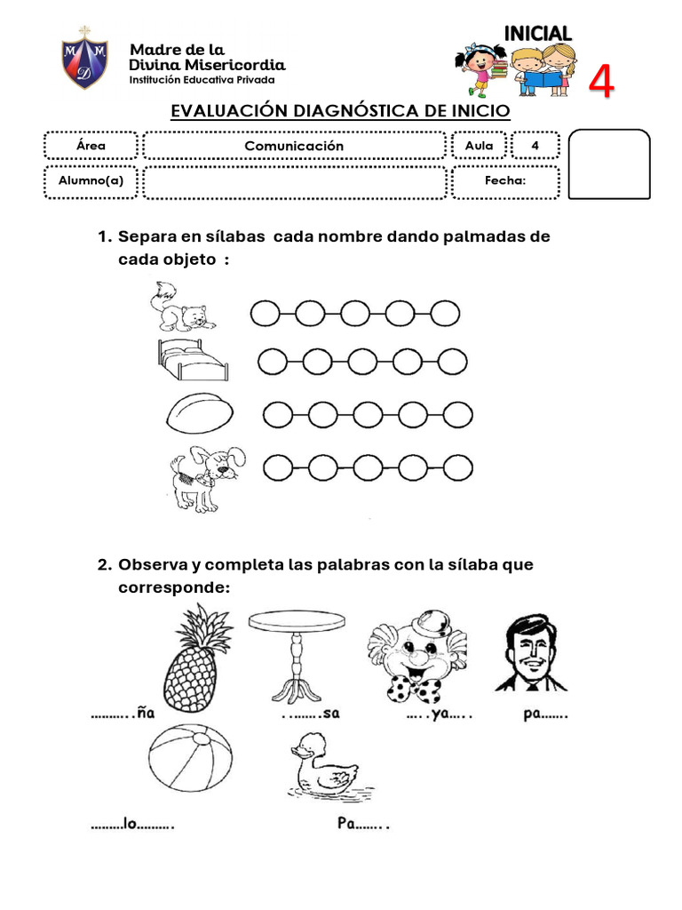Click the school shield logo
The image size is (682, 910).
point(84,59)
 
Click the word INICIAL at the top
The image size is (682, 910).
point(537,33)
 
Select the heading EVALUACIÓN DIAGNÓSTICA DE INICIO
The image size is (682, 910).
point(340,111)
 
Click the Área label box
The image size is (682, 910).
point(91,146)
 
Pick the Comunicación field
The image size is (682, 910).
point(294,146)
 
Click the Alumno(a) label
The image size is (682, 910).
point(91,181)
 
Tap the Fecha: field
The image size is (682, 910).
point(505,181)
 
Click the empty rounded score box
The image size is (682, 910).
point(608,164)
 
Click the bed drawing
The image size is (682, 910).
point(190,359)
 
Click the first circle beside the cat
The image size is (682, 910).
point(265,313)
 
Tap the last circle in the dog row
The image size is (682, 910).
point(458,467)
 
